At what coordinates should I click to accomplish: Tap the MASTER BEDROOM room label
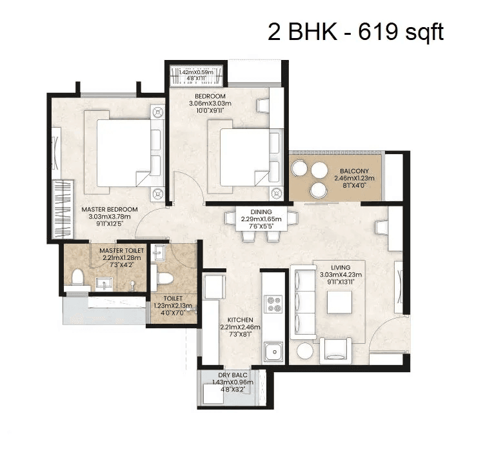(x=110, y=210)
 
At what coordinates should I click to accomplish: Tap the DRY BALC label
(x=233, y=375)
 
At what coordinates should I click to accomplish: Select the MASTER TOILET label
(x=122, y=250)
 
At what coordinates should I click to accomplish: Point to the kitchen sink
(x=274, y=352)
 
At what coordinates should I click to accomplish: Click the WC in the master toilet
(x=79, y=278)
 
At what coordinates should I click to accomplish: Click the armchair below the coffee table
(x=336, y=350)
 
